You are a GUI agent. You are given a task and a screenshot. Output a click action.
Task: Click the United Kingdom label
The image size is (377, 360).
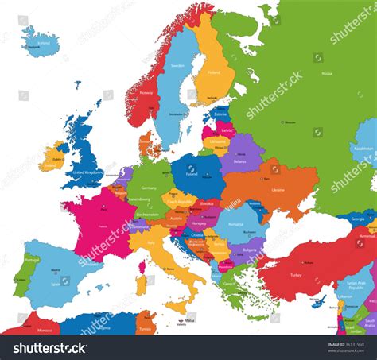click(87, 172)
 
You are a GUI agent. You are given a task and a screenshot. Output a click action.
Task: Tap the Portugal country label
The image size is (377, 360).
click(32, 259)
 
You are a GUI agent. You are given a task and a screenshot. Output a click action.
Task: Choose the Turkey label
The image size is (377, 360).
click(296, 275)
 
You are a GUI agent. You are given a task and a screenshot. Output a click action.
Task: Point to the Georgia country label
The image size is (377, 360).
click(358, 219)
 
